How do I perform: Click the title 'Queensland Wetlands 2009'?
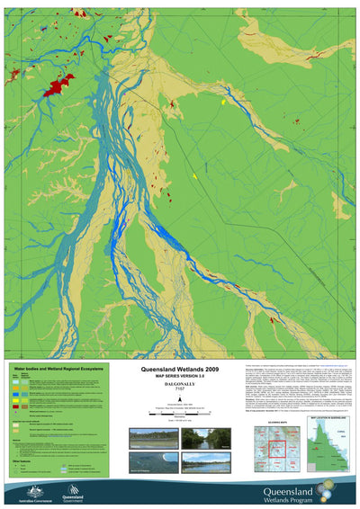coord(179,369)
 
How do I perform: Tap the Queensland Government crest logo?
coord(71,491)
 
